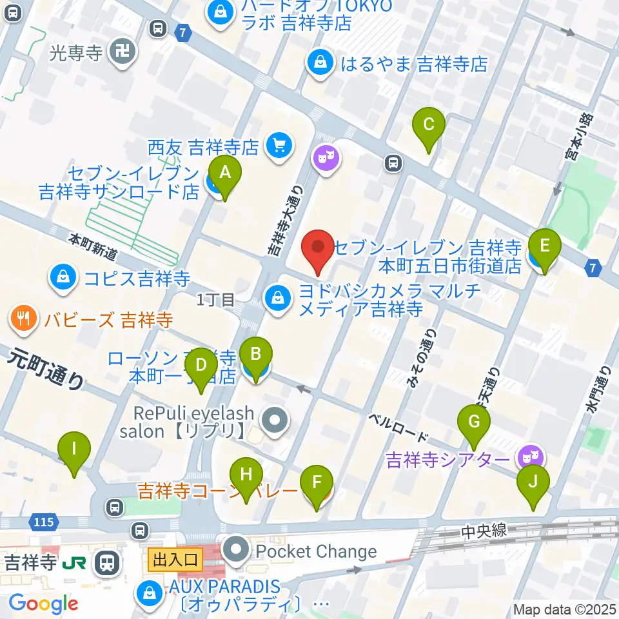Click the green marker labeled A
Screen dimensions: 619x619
(224, 173)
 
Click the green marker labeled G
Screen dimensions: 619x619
(474, 423)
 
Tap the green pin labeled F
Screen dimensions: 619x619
(317, 484)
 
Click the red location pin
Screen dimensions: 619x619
(319, 248)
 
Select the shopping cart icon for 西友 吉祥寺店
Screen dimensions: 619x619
(279, 146)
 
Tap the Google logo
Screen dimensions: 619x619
(43, 604)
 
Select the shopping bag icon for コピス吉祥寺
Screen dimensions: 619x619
(63, 279)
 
